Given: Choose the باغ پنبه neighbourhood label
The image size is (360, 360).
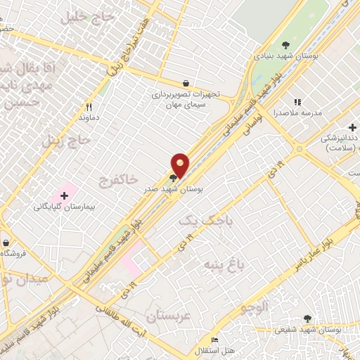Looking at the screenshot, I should point(222,264).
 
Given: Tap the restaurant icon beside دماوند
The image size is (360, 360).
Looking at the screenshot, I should point(89,107).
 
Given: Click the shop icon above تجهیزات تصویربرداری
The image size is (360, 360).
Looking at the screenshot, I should point(185,83).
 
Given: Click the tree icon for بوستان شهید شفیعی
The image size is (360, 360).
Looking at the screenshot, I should point(307,319).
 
